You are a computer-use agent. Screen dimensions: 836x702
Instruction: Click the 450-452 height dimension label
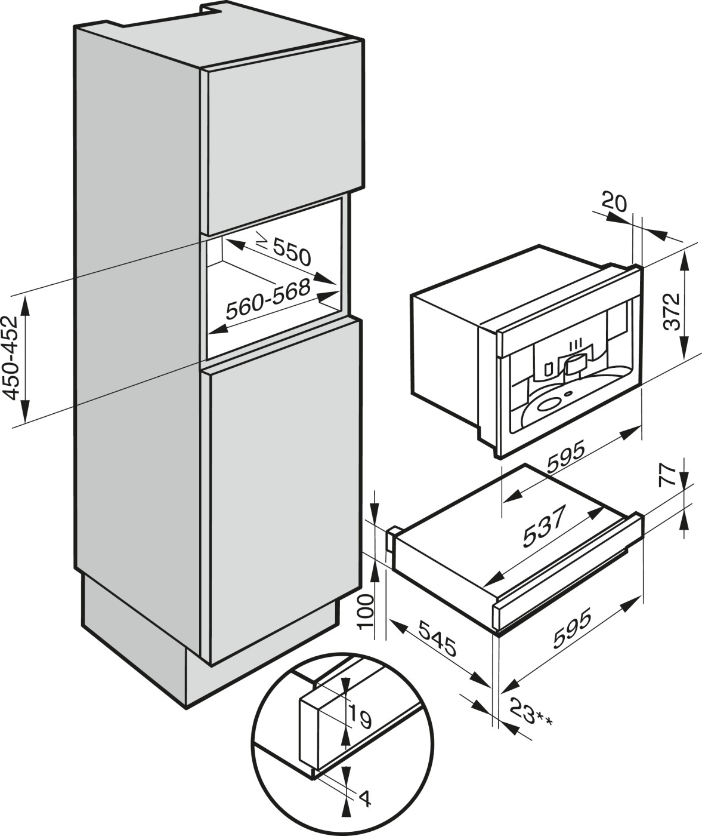point(13,356)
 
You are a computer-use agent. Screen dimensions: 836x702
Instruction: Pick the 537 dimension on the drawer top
point(543,528)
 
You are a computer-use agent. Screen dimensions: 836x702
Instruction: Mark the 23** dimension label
point(531,712)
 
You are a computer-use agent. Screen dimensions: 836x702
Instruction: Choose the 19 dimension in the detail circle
point(360,716)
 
